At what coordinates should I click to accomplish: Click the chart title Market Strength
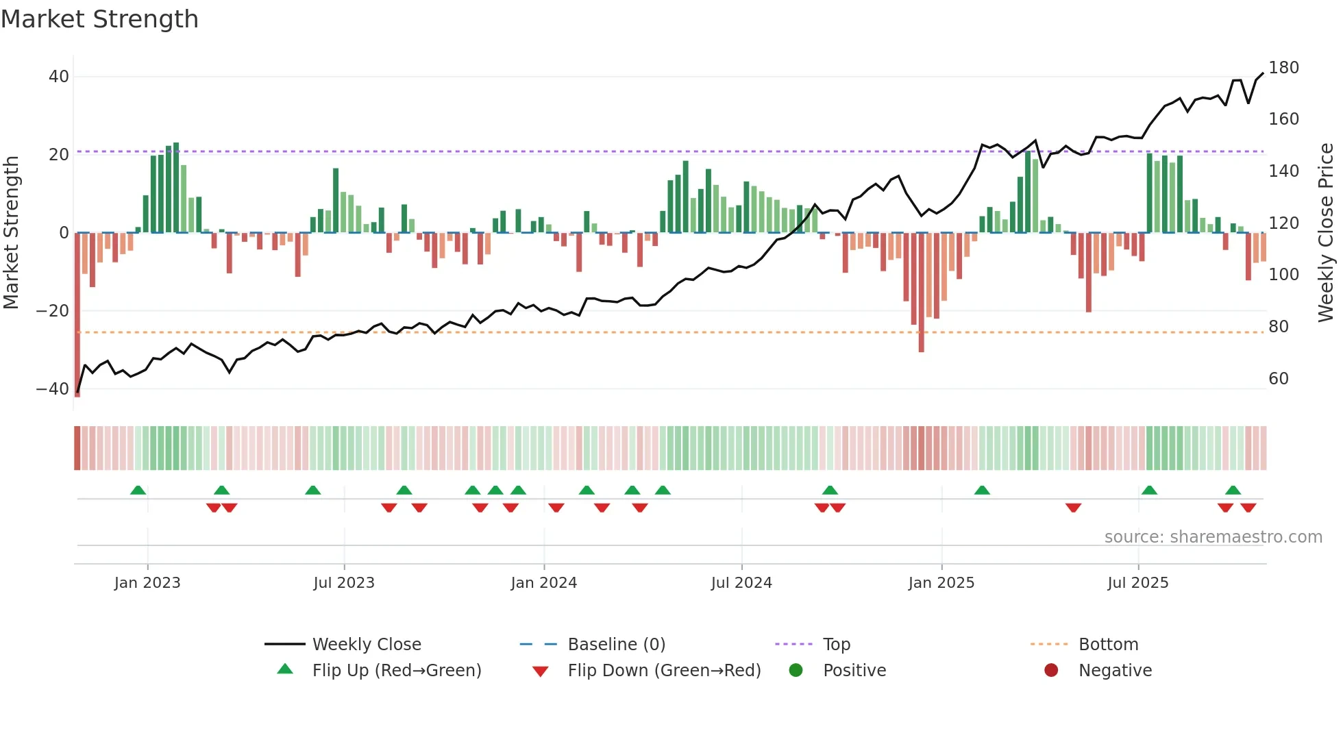99,19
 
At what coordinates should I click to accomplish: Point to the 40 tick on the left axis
59,77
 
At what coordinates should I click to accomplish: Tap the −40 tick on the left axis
53,389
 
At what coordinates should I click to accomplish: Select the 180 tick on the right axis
1283,68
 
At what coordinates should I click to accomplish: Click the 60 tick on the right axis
1278,379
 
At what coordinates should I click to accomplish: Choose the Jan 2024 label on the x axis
543,583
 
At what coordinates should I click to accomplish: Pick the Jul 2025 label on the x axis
1137,583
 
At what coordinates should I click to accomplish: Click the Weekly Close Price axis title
1326,233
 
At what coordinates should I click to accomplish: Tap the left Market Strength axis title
12,233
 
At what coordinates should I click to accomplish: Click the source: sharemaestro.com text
1213,537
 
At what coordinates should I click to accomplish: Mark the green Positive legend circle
796,671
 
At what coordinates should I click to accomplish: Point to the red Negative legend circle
1051,671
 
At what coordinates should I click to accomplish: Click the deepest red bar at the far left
77,315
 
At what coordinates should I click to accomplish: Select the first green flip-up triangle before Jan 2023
138,491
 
